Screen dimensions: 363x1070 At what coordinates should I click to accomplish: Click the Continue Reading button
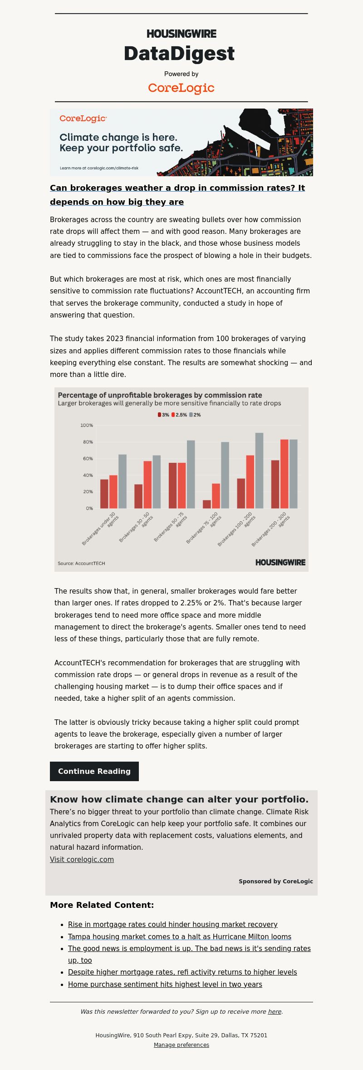94,771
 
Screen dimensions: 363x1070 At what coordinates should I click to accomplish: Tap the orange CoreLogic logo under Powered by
181,88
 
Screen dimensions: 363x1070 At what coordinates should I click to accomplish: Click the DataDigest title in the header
179,54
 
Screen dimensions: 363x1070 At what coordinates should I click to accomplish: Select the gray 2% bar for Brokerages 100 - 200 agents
259,471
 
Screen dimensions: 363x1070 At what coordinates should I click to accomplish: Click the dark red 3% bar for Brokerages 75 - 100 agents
207,504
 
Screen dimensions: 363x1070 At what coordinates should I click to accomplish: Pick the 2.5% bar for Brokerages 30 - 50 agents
147,485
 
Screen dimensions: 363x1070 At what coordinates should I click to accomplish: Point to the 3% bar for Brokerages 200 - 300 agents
275,484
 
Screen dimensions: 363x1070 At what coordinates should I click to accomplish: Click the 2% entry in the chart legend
195,415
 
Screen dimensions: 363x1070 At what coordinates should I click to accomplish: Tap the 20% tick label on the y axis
88,492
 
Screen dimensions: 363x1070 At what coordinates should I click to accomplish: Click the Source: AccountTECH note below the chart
81,563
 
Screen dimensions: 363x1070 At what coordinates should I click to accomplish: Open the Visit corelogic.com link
82,859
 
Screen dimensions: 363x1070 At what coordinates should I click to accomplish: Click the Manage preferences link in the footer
181,1045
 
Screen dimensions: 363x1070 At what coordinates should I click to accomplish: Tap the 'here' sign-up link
275,1011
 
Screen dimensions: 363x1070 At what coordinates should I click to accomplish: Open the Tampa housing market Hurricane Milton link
180,936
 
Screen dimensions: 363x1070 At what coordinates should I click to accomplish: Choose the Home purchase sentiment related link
165,984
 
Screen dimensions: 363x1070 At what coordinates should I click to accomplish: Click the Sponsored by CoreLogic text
276,881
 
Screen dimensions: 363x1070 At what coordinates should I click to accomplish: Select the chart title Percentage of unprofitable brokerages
160,395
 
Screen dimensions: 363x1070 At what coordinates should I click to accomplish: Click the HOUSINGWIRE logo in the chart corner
280,562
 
